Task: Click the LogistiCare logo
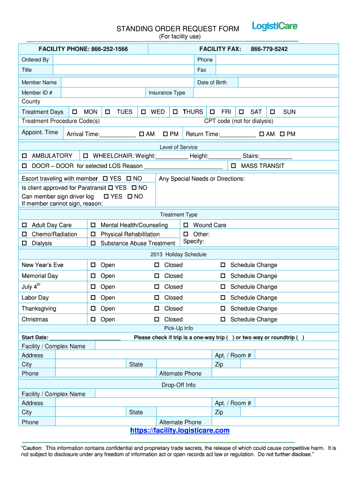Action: pyautogui.click(x=275, y=26)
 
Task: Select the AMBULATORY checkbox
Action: pyautogui.click(x=24, y=156)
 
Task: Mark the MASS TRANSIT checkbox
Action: pyautogui.click(x=233, y=166)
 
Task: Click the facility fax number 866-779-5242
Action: pyautogui.click(x=269, y=49)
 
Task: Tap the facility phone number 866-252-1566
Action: pyautogui.click(x=109, y=49)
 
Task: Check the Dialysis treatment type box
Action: pyautogui.click(x=24, y=243)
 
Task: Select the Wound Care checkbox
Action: pyautogui.click(x=186, y=225)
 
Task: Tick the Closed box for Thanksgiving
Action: pyautogui.click(x=157, y=309)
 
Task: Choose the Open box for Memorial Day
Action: pyautogui.click(x=93, y=276)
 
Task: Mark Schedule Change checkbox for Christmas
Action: pyautogui.click(x=223, y=319)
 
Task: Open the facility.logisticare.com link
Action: pyautogui.click(x=180, y=430)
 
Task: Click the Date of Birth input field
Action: pyautogui.click(x=287, y=82)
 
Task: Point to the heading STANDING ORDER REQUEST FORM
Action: pyautogui.click(x=178, y=29)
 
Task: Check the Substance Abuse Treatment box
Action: pyautogui.click(x=93, y=243)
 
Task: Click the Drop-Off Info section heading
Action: pyautogui.click(x=179, y=385)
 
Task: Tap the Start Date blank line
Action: pyautogui.click(x=85, y=338)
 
